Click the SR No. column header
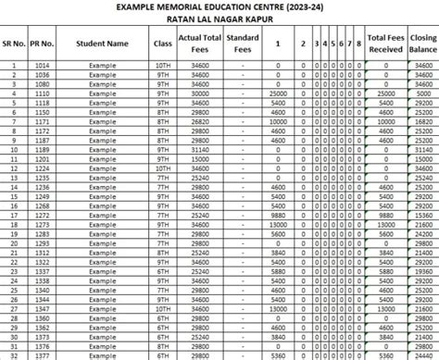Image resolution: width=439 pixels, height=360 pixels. pos(15,43)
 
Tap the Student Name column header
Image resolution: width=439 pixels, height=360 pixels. pos(103,43)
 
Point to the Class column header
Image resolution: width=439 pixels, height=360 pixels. pos(163,43)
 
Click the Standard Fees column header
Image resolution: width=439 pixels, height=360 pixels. pos(243,43)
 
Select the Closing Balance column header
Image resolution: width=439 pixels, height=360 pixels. pos(421,43)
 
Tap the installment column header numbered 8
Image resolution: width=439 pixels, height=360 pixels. pos(357,43)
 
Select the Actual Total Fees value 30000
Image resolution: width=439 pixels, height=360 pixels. pos(199,93)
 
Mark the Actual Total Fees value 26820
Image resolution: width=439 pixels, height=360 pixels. pos(199,121)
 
